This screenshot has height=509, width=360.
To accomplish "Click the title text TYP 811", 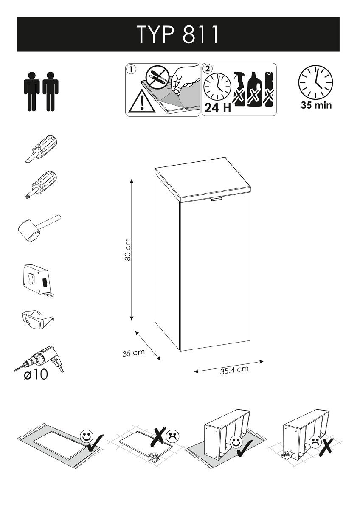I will (178, 34).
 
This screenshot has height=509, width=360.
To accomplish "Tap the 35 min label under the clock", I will (316, 105).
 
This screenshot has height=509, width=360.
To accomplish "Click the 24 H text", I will (217, 108).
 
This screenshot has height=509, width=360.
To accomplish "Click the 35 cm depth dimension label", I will (133, 352).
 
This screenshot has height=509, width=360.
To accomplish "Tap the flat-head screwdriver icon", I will (40, 148).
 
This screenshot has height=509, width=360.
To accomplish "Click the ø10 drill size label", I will (36, 375).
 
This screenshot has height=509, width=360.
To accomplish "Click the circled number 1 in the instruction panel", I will (132, 69).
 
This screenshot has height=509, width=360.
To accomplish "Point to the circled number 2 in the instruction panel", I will (207, 69).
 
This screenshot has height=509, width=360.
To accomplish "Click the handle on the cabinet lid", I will (216, 199).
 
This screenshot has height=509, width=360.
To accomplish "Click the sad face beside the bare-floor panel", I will (172, 436).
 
